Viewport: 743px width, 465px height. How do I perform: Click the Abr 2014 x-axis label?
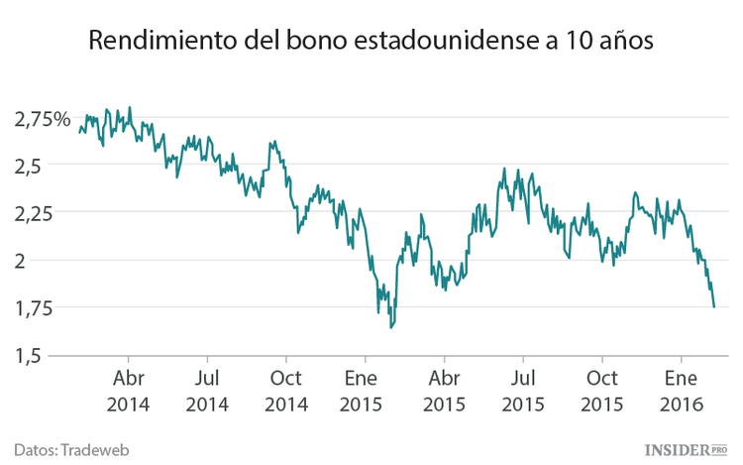click(128, 392)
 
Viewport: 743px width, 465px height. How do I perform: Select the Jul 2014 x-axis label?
click(206, 392)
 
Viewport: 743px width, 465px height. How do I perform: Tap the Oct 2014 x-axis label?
click(285, 392)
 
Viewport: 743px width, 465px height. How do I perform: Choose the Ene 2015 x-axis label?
click(365, 392)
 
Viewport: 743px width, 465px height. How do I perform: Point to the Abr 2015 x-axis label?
click(444, 392)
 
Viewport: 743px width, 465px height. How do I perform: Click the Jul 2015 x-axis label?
click(522, 392)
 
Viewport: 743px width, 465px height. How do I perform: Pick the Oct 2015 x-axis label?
click(601, 392)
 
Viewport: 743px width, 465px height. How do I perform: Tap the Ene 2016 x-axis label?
click(681, 392)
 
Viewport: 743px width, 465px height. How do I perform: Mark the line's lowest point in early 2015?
click(391, 327)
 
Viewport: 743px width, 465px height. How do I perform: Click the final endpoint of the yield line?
click(714, 307)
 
